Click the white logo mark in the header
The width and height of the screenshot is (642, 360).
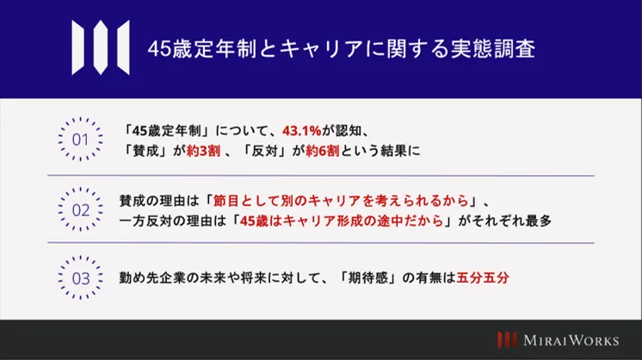pyautogui.click(x=101, y=47)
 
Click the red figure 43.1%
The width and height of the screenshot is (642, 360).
pyautogui.click(x=302, y=131)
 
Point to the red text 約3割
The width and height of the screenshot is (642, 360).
pyautogui.click(x=203, y=151)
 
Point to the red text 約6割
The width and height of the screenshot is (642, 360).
pyautogui.click(x=323, y=151)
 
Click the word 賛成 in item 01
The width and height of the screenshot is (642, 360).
pyautogui.click(x=145, y=151)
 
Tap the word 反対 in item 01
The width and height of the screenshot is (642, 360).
pyautogui.click(x=264, y=151)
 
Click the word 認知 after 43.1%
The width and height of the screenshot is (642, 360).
pyautogui.click(x=349, y=131)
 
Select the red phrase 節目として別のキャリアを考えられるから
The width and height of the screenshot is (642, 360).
pyautogui.click(x=341, y=201)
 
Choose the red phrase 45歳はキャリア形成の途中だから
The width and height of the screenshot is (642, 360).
pyautogui.click(x=342, y=220)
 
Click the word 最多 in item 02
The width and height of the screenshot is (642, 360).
pyautogui.click(x=539, y=220)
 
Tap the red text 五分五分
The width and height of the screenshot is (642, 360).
pyautogui.click(x=483, y=277)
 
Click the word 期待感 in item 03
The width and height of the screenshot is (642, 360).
pyautogui.click(x=367, y=277)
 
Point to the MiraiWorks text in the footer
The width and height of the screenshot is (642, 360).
pyautogui.click(x=571, y=340)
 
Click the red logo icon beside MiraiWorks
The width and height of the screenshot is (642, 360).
pyautogui.click(x=507, y=340)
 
